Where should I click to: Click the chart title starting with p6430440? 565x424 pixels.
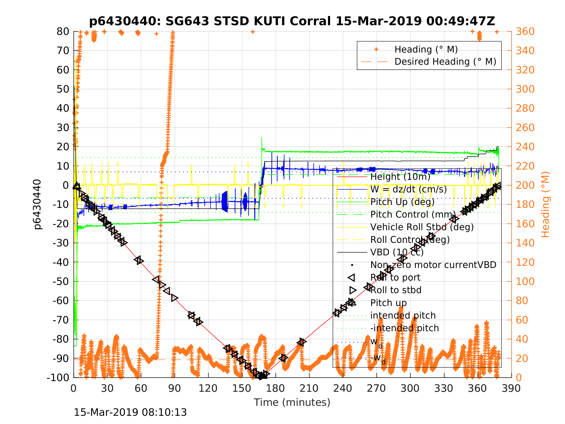point(292,21)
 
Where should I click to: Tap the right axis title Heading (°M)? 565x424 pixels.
point(545,204)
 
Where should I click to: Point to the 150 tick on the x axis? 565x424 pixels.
point(242,388)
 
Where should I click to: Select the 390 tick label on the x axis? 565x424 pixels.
point(511,388)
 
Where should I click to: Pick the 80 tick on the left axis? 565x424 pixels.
point(63,32)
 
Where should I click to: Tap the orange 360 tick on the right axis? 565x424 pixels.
point(525,32)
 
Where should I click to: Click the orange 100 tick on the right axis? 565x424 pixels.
point(525,281)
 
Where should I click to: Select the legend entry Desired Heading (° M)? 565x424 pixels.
point(445,62)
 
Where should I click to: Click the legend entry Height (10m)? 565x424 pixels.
point(400,177)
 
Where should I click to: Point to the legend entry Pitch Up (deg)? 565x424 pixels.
point(402,202)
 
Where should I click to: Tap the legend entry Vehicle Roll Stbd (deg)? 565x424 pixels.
point(422,227)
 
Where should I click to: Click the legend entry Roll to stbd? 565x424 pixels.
point(396,290)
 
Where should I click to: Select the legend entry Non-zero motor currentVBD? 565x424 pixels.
point(433,265)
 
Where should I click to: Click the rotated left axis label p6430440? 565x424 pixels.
point(38,204)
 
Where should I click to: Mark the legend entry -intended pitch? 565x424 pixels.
point(404,328)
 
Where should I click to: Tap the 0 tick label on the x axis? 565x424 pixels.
point(74,388)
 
